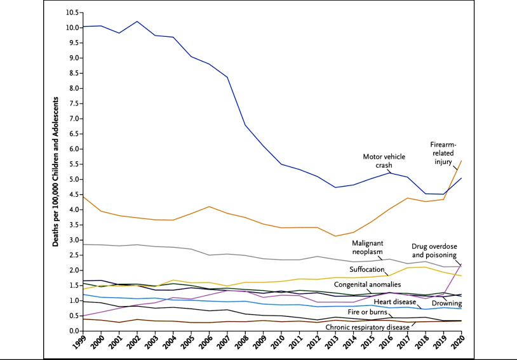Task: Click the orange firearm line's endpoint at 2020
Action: pos(461,160)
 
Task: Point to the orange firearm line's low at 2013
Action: pos(335,236)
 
